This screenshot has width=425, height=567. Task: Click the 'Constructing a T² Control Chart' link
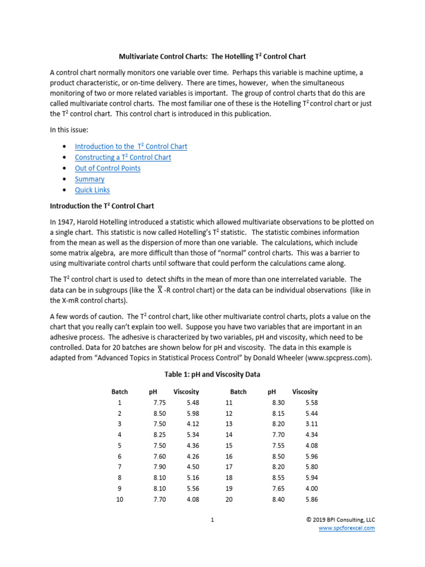tap(123, 157)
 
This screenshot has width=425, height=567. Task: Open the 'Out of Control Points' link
tap(107, 168)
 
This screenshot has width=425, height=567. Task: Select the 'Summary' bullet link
tap(90, 179)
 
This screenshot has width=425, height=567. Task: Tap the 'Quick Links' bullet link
tap(92, 190)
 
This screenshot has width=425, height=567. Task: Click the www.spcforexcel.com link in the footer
tap(346, 528)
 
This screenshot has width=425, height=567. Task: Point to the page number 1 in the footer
tap(212, 520)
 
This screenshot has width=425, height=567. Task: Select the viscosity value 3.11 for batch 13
tap(312, 424)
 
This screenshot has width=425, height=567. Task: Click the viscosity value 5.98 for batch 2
tap(193, 414)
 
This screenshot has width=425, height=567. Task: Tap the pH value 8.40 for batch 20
tap(278, 499)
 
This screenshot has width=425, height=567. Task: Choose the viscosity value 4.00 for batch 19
tap(312, 489)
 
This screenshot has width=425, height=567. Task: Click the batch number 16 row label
tap(230, 457)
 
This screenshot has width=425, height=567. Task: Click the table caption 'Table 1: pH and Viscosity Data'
tap(212, 374)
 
